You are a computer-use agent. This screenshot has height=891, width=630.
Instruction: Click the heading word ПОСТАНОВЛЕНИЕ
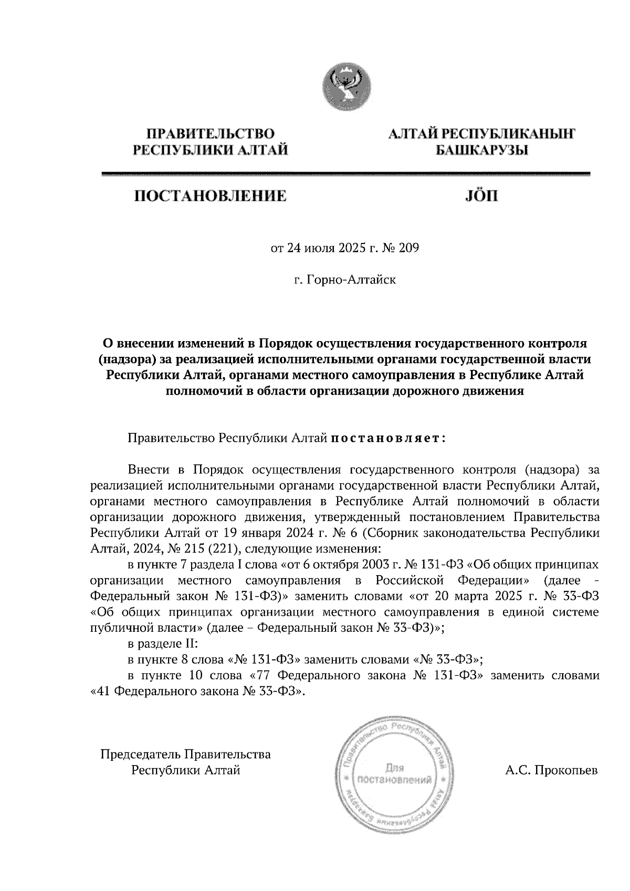tap(211, 197)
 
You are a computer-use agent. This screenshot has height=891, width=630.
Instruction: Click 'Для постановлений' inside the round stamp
tap(394, 774)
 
